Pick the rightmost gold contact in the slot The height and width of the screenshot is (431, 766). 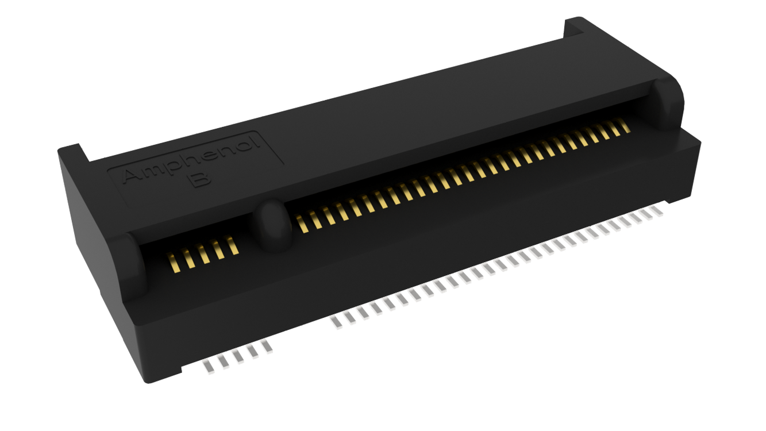(x=625, y=125)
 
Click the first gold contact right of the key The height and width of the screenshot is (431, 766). (x=302, y=224)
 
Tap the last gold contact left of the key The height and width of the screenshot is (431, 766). (x=232, y=245)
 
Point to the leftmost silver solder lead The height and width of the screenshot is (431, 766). (x=209, y=367)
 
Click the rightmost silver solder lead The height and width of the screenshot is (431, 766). (x=657, y=211)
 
